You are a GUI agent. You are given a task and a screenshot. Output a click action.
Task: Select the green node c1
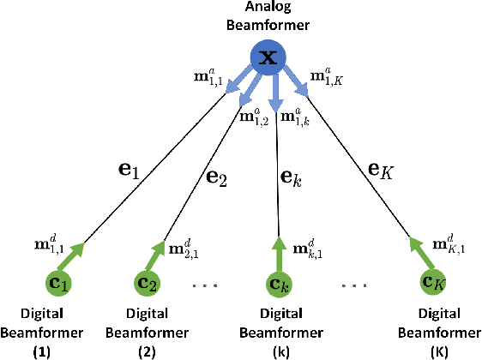[58, 281]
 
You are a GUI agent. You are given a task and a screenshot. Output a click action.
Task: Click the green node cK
[434, 281]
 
